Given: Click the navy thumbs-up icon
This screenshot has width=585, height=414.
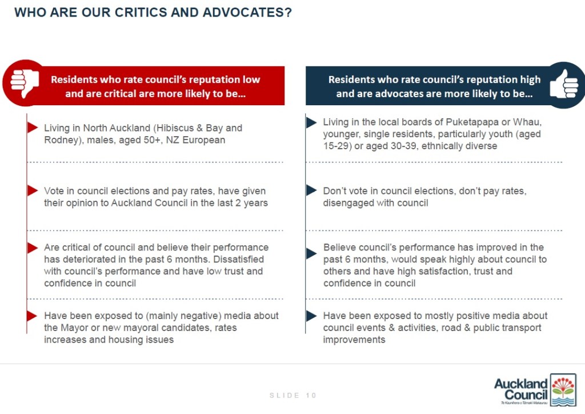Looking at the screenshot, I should [563, 85].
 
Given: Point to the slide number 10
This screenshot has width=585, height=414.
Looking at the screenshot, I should [311, 395].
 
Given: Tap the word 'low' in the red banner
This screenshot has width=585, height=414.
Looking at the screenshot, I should [251, 79].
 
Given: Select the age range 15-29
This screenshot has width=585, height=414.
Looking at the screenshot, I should [336, 146].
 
